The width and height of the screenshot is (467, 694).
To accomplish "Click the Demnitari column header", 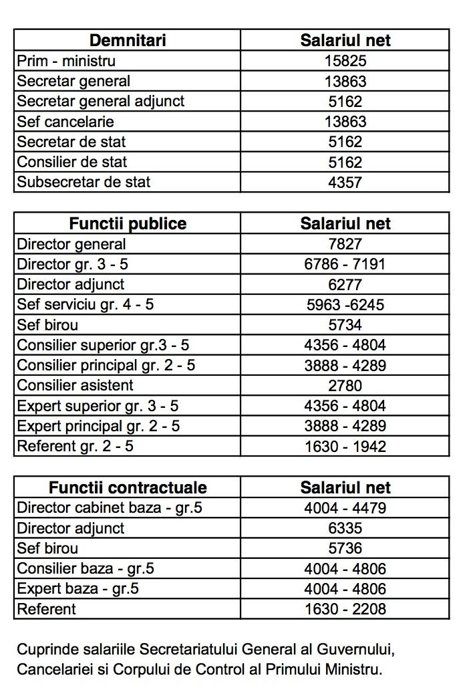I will coord(127,40).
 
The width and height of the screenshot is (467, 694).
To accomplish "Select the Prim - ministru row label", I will coord(66,61).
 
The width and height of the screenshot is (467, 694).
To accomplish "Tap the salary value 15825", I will coord(345,61).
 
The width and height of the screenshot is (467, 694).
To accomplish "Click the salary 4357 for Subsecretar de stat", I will coord(345,182).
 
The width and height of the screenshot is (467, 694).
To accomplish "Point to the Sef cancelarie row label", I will coord(65,122).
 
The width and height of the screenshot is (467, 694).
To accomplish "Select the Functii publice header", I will coord(127,223).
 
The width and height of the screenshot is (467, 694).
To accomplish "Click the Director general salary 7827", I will coord(345,244).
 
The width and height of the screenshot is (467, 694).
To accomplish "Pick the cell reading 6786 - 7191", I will coord(345,264).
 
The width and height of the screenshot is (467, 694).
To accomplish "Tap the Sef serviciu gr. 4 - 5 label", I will coord(86,304).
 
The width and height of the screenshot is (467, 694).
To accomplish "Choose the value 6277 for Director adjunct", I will coord(345,284).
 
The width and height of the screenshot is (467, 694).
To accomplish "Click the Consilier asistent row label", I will coord(75,385).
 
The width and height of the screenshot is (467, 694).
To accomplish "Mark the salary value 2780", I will coord(345,385).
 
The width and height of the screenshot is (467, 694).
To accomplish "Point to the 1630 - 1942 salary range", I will coord(345,446).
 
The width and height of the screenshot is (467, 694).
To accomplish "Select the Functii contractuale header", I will coord(127,487).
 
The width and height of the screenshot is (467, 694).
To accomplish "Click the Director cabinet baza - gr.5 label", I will coord(109,507).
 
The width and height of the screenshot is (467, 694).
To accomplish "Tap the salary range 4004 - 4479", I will coord(345,507).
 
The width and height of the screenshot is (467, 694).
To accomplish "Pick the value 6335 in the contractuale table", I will coord(345,528).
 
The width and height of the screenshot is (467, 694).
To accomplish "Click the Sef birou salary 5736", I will coord(345,548).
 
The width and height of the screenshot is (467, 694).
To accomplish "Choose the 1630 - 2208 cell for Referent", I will coord(345,609).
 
